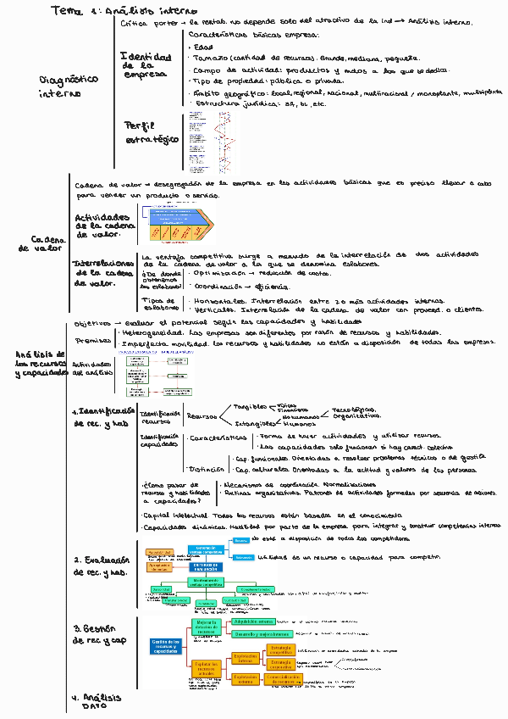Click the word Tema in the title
click(x=64, y=10)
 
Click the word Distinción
click(x=207, y=469)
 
